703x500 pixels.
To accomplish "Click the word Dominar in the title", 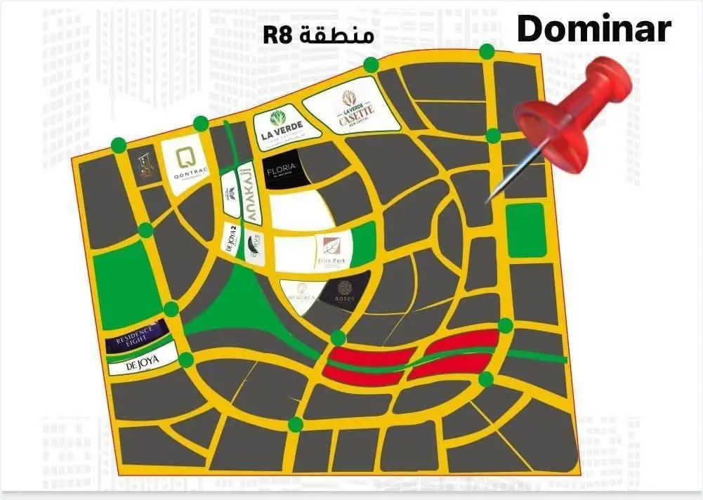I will [x=594, y=30].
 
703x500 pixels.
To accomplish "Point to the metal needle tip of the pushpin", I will [x=489, y=201].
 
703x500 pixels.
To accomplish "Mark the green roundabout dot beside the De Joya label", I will [x=186, y=360].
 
